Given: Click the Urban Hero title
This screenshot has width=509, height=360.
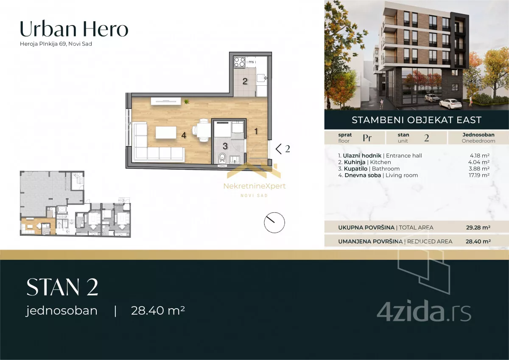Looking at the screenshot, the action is click(x=74, y=29).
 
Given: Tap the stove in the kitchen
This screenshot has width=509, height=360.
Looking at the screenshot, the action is click(x=240, y=62).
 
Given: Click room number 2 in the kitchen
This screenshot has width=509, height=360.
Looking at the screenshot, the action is click(x=245, y=81).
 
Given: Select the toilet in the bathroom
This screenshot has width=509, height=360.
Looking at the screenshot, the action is click(x=222, y=158).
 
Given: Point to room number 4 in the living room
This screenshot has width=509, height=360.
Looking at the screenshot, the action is click(x=184, y=135).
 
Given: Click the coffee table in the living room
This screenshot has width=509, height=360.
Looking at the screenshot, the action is click(x=166, y=132).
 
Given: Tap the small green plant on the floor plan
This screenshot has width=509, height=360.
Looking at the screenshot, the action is click(x=186, y=101).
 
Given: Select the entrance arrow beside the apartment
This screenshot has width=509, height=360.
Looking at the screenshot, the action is click(x=279, y=149).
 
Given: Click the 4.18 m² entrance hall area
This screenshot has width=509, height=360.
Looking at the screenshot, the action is click(x=480, y=155).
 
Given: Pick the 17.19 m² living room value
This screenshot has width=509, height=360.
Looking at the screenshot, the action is click(x=479, y=175).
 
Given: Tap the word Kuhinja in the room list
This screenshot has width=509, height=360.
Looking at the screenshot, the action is click(x=355, y=162).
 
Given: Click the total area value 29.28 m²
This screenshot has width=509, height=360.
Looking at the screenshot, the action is click(x=478, y=228).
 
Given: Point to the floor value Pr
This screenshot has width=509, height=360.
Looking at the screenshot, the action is click(x=367, y=138).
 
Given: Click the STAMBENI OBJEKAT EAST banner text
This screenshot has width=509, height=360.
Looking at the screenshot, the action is click(x=417, y=120).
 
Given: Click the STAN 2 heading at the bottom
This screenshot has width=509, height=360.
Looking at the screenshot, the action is click(x=62, y=287).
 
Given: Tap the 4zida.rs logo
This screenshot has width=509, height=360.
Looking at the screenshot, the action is click(x=424, y=311).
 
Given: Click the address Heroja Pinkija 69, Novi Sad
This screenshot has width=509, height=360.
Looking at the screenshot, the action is click(x=56, y=44).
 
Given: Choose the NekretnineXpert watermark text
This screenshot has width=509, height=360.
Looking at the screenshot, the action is click(x=255, y=186).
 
